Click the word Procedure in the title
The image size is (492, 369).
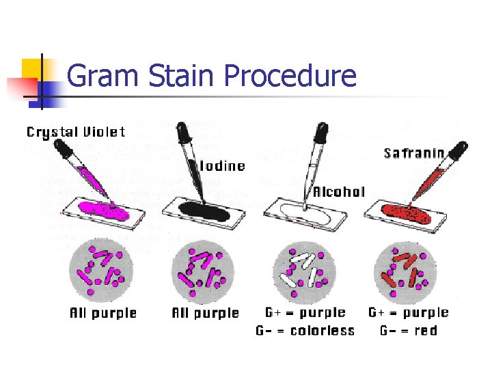pos(290,76)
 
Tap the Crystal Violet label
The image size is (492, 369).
pos(75,132)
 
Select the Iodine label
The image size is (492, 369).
pos(222,166)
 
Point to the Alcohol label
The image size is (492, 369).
pos(338,192)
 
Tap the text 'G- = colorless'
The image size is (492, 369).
pos(305,331)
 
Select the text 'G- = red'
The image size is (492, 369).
pos(409,331)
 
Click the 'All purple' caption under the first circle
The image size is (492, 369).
pos(103,314)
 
